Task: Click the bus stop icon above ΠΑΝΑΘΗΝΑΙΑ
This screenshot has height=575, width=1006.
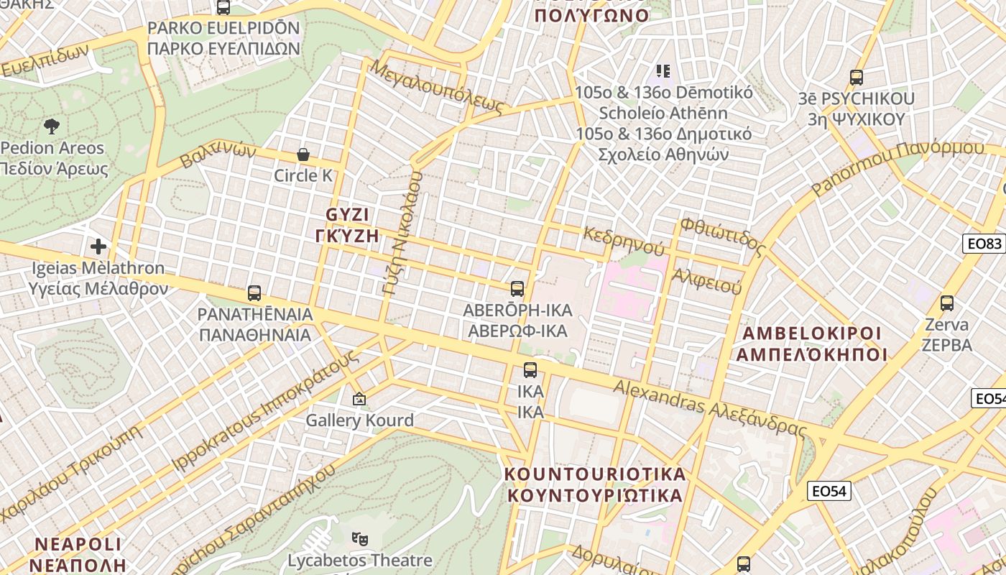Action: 254,293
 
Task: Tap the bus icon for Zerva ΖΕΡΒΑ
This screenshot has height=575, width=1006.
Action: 946,303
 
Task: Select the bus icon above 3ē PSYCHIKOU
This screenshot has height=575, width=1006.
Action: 856,78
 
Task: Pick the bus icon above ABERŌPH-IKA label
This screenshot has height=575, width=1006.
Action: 517,289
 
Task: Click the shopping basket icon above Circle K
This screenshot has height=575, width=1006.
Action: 303,155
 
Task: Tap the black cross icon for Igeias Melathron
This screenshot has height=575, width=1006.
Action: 98,247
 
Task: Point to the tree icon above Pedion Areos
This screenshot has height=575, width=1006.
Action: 52,127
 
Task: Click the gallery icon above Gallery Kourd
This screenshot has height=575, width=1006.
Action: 359,398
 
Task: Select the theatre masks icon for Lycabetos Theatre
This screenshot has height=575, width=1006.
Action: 359,538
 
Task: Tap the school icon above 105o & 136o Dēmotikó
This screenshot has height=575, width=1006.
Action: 663,70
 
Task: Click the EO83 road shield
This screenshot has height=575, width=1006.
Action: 984,244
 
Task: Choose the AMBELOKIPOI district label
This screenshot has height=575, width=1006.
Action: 811,333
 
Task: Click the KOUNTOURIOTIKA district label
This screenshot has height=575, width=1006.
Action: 595,474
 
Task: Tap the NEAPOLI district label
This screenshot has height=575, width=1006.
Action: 78,543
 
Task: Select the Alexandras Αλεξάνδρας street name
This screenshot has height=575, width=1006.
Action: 709,407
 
